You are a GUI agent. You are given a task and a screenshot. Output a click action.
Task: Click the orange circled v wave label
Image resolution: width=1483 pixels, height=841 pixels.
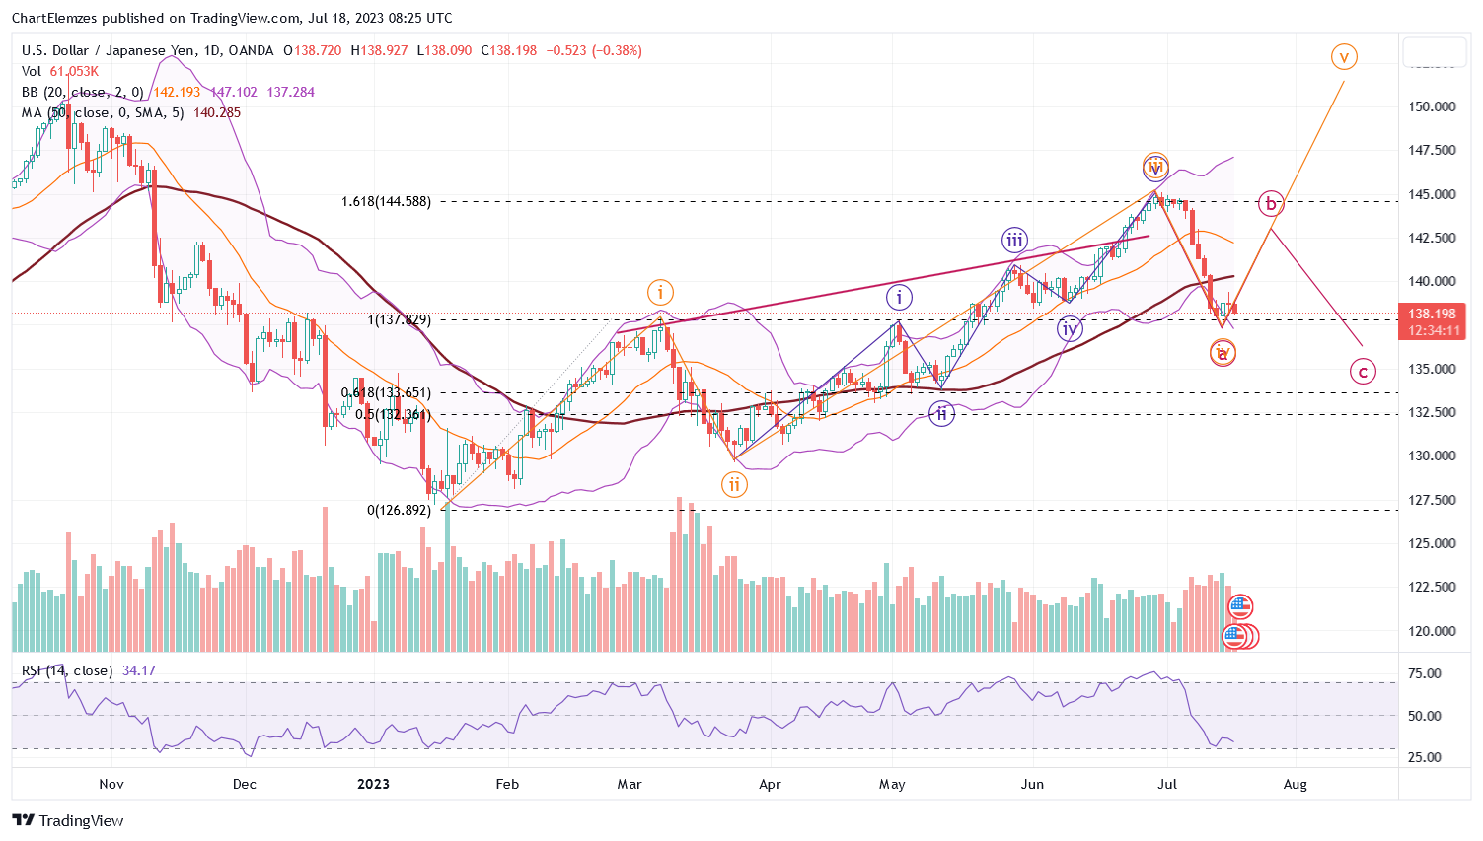pos(1343,56)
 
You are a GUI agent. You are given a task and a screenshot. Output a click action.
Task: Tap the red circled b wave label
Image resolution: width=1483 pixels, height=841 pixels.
pos(1271,204)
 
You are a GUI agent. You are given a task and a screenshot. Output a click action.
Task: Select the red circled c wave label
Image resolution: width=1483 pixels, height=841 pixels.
pos(1363,372)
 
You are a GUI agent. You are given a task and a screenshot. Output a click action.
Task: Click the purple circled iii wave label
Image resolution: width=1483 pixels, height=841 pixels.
pos(1014,240)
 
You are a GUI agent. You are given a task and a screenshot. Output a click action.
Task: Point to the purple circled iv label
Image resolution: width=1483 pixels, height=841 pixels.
pos(1069,329)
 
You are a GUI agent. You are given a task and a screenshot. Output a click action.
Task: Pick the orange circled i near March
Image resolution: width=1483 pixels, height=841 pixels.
pos(660,292)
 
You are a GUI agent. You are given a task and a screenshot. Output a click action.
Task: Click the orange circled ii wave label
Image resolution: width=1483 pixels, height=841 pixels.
pos(734,484)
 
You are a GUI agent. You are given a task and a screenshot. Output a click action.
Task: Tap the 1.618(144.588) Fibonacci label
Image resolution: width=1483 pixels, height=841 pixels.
pos(386,201)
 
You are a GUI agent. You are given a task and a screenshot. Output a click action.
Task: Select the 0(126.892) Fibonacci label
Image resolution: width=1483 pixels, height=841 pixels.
pos(399,510)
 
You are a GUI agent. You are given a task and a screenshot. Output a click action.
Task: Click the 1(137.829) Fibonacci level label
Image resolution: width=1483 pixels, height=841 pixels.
pos(399,319)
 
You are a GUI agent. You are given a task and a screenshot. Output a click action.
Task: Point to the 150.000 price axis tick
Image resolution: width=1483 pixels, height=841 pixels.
pos(1432,106)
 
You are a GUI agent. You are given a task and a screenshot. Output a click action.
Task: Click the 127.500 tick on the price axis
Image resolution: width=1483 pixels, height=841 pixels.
pos(1432,500)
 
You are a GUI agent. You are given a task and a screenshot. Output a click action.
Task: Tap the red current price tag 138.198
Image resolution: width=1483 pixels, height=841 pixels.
pos(1433,315)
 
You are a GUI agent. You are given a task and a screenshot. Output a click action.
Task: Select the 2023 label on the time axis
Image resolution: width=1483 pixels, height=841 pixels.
pos(373,784)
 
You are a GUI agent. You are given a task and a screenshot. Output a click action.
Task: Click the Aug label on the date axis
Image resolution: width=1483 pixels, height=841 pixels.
pos(1295,784)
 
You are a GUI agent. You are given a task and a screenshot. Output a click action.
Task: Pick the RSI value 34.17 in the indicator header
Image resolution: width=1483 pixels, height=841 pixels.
pos(139,670)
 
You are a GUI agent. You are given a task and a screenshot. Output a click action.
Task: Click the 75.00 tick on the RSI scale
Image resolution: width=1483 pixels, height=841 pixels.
pos(1425,673)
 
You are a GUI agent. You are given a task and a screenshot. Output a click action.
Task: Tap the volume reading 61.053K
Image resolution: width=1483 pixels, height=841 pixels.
pos(74,71)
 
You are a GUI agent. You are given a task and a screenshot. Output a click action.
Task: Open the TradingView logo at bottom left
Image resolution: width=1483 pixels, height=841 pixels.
pos(68,820)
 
